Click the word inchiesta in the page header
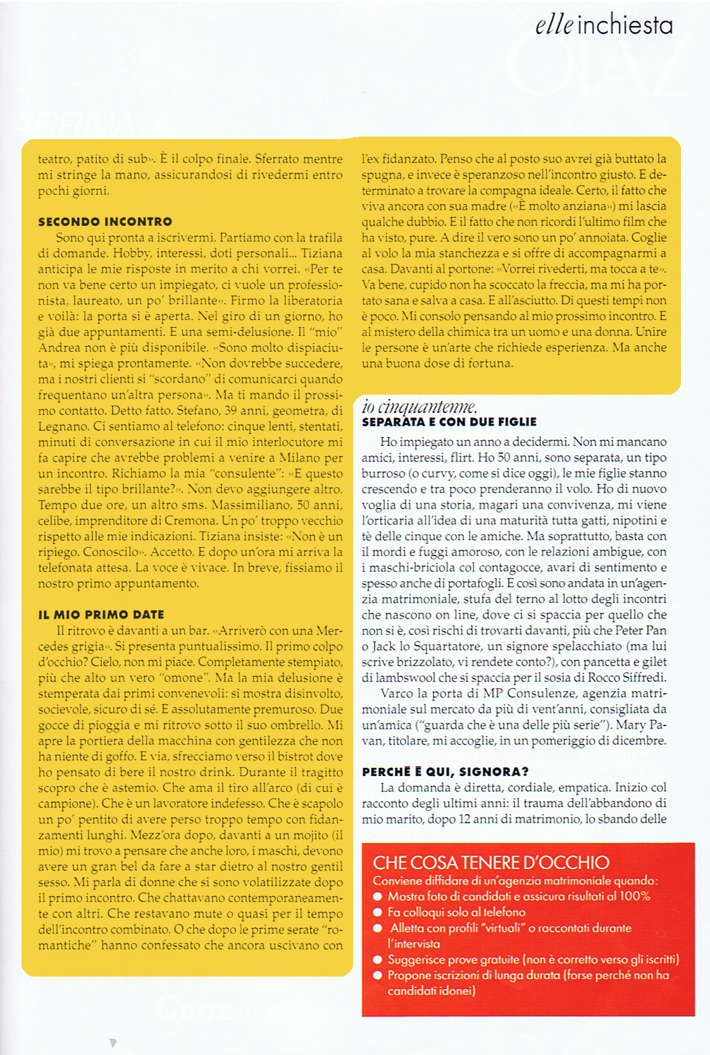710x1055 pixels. click(625, 25)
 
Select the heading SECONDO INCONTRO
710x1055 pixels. click(105, 222)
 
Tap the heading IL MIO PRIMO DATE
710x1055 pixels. click(101, 615)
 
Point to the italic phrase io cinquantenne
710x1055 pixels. click(419, 407)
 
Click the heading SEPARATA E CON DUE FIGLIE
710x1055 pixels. click(449, 422)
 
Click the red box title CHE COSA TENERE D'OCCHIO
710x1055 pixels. click(491, 863)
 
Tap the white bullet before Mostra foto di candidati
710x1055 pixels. click(378, 896)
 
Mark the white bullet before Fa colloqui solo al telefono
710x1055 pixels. click(378, 912)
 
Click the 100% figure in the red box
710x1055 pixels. click(635, 896)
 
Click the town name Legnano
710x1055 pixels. click(63, 427)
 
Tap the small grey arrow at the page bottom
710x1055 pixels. click(113, 1043)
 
